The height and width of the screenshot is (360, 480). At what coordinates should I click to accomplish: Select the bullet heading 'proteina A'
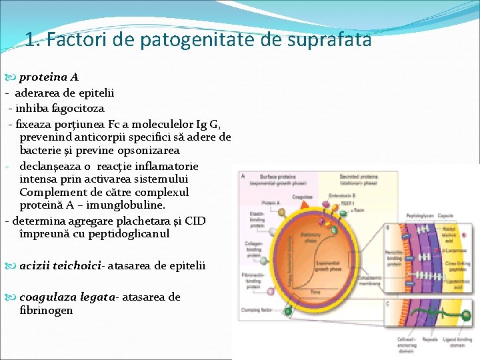[49, 77]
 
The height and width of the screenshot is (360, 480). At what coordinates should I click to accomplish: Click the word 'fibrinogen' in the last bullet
[47, 310]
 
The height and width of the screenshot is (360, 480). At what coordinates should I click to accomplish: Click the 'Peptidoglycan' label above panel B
[421, 215]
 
